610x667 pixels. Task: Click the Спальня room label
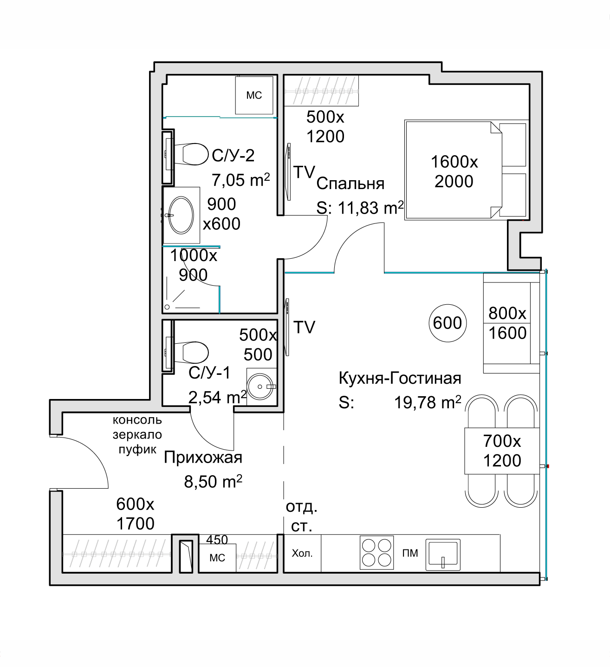[350, 183]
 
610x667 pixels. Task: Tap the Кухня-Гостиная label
[400, 378]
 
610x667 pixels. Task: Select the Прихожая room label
[203, 458]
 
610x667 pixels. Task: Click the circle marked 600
[447, 323]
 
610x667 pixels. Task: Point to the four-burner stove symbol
[376, 552]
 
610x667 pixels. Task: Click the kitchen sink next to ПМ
[443, 554]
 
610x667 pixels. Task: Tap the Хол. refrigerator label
[302, 553]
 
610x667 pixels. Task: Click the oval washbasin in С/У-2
[181, 215]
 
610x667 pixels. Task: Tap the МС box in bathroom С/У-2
[254, 95]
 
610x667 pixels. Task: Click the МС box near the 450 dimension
[217, 558]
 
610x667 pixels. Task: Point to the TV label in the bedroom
[304, 172]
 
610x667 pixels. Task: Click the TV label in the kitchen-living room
[304, 327]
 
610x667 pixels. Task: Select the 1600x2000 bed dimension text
[454, 171]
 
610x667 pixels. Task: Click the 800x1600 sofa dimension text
[507, 323]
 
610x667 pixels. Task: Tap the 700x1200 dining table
[502, 451]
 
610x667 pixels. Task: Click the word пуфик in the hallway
[137, 450]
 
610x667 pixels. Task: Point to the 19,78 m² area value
[427, 402]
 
